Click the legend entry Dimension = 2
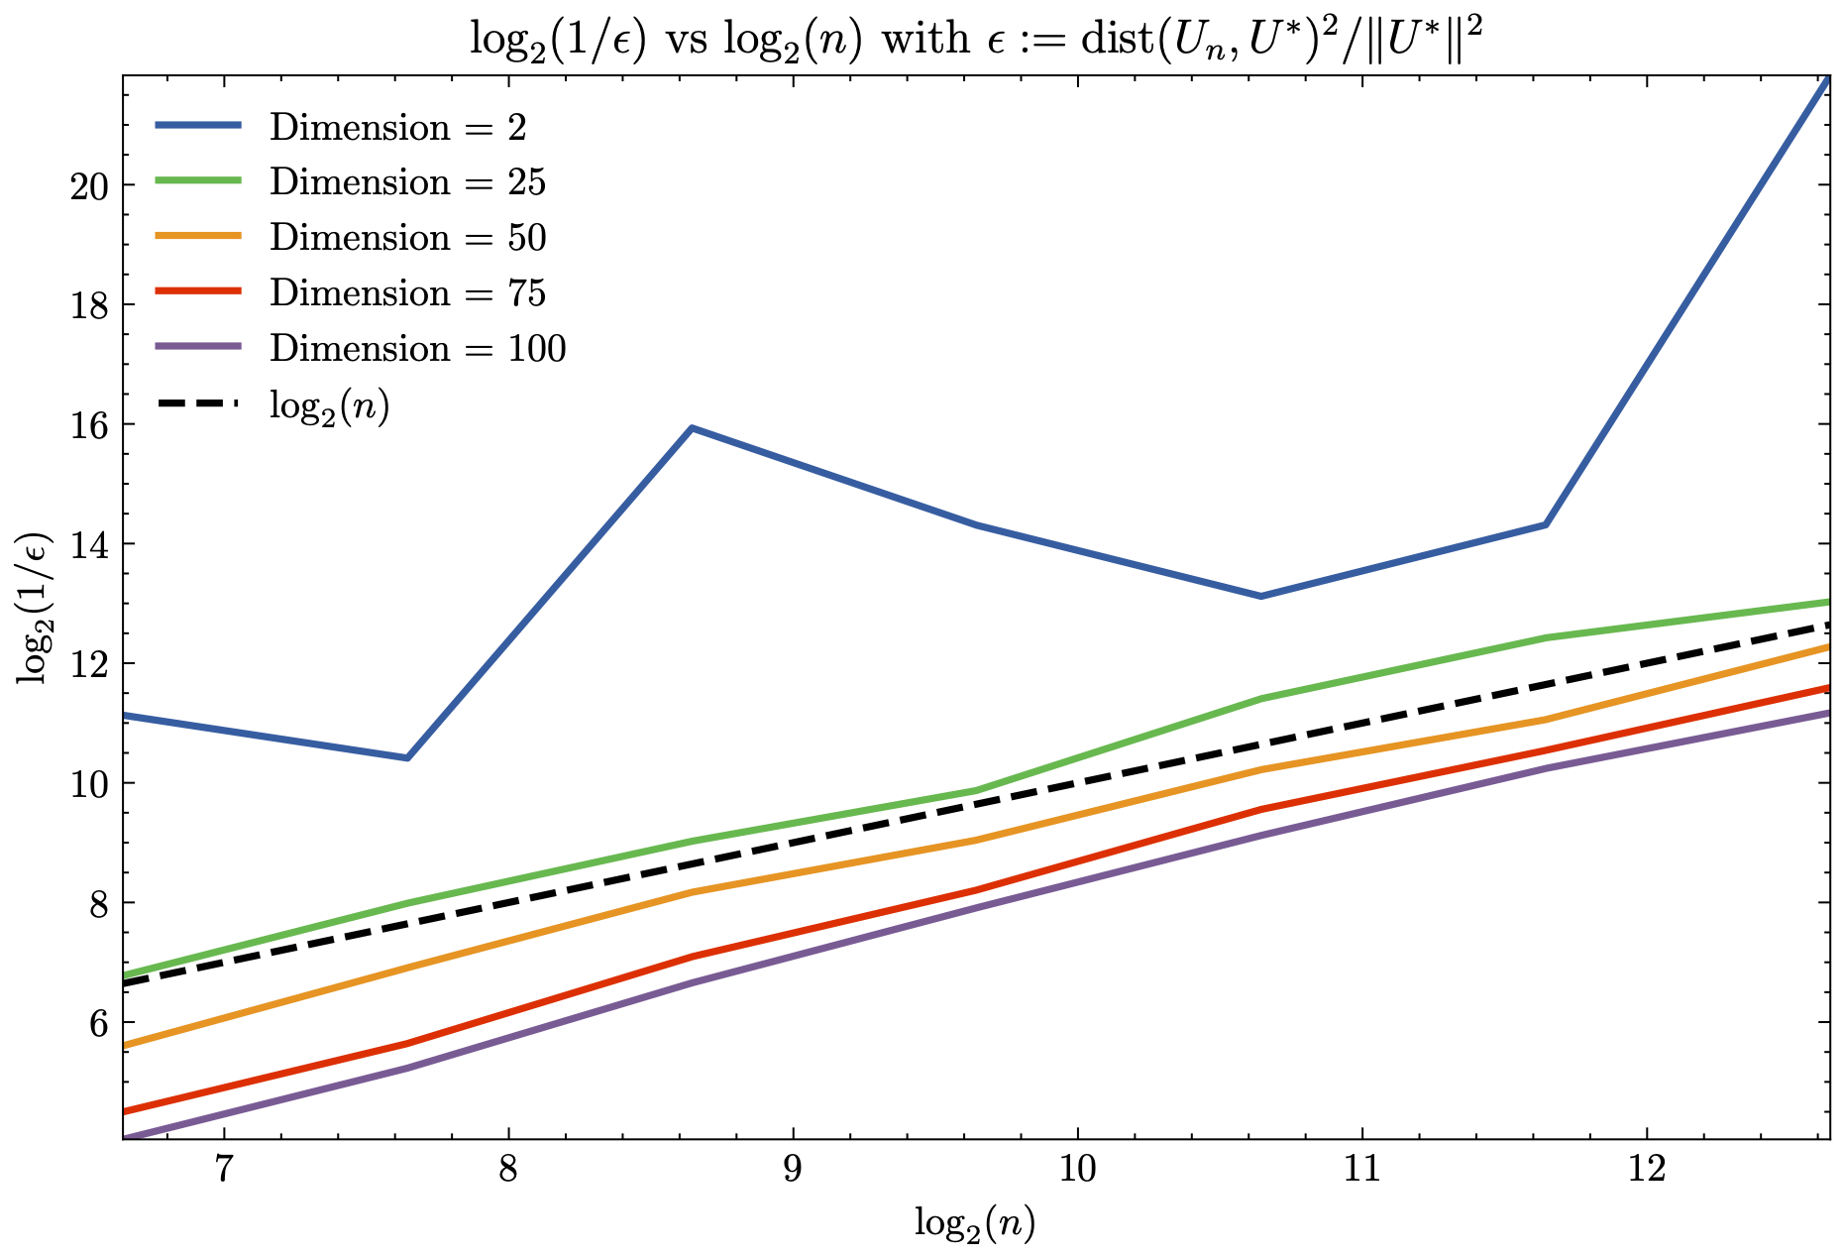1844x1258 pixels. (397, 127)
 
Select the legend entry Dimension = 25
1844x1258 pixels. (407, 182)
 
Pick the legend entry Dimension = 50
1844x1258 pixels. (407, 238)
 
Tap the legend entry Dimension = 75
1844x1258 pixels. (407, 293)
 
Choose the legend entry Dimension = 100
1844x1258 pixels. (417, 349)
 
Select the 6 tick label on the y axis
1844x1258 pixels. (98, 1023)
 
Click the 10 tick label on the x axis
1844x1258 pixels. (1077, 1171)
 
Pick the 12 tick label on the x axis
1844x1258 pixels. (1647, 1171)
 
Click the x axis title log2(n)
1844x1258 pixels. (975, 1224)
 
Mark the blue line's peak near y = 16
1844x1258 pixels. (692, 428)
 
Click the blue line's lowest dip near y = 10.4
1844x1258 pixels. (406, 757)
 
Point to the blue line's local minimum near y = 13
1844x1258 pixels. (1260, 596)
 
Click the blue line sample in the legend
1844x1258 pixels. (198, 125)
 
